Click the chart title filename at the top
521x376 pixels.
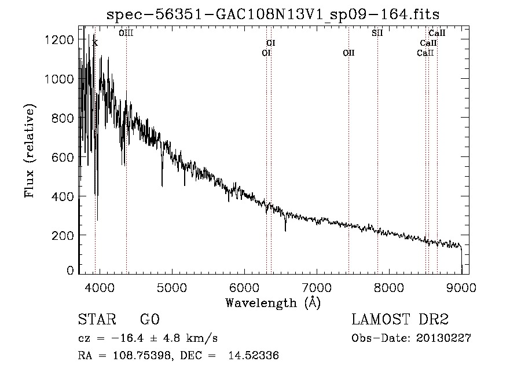click(x=273, y=14)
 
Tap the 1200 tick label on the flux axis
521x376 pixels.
click(x=59, y=40)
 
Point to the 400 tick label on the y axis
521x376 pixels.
click(x=63, y=196)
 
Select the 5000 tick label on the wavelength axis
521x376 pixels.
click(x=172, y=287)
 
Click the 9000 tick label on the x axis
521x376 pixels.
click(x=461, y=287)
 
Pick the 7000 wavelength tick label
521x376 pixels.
click(x=317, y=287)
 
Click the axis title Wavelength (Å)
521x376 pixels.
click(x=273, y=303)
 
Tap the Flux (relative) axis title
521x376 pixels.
click(x=30, y=151)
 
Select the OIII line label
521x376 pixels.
click(x=126, y=33)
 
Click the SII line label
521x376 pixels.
click(x=377, y=33)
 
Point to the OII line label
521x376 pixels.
click(x=349, y=53)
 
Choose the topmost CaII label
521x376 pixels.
click(x=437, y=33)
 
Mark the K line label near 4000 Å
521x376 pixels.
click(x=96, y=43)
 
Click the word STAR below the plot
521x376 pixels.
click(x=97, y=319)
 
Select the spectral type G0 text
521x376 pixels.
click(x=150, y=319)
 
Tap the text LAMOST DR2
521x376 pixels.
click(x=400, y=319)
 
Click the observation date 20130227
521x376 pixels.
click(x=443, y=338)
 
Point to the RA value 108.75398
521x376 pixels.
click(x=142, y=355)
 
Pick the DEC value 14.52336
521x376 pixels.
click(x=254, y=355)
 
